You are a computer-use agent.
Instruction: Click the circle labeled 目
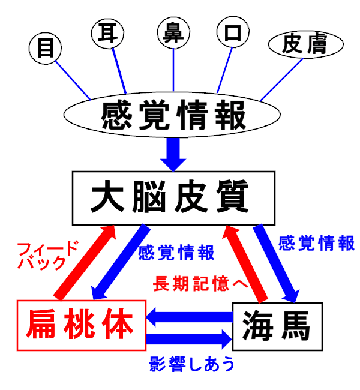click(46, 48)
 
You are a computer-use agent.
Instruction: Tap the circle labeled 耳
click(110, 33)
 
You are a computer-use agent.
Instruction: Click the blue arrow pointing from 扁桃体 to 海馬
click(189, 339)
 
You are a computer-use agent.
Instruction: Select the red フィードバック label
click(48, 256)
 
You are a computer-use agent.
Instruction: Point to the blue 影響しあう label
click(191, 363)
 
